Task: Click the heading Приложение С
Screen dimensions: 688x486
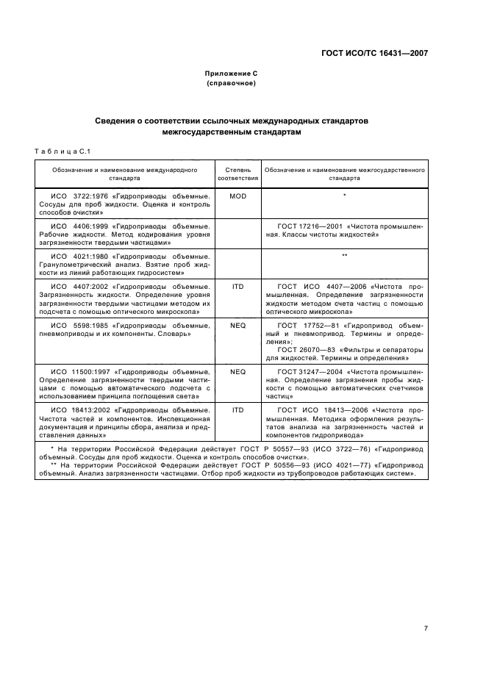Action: [231, 74]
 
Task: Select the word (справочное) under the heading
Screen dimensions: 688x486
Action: [231, 83]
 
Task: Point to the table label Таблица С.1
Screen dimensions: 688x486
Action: [62, 151]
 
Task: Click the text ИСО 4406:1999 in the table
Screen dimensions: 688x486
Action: [82, 226]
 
